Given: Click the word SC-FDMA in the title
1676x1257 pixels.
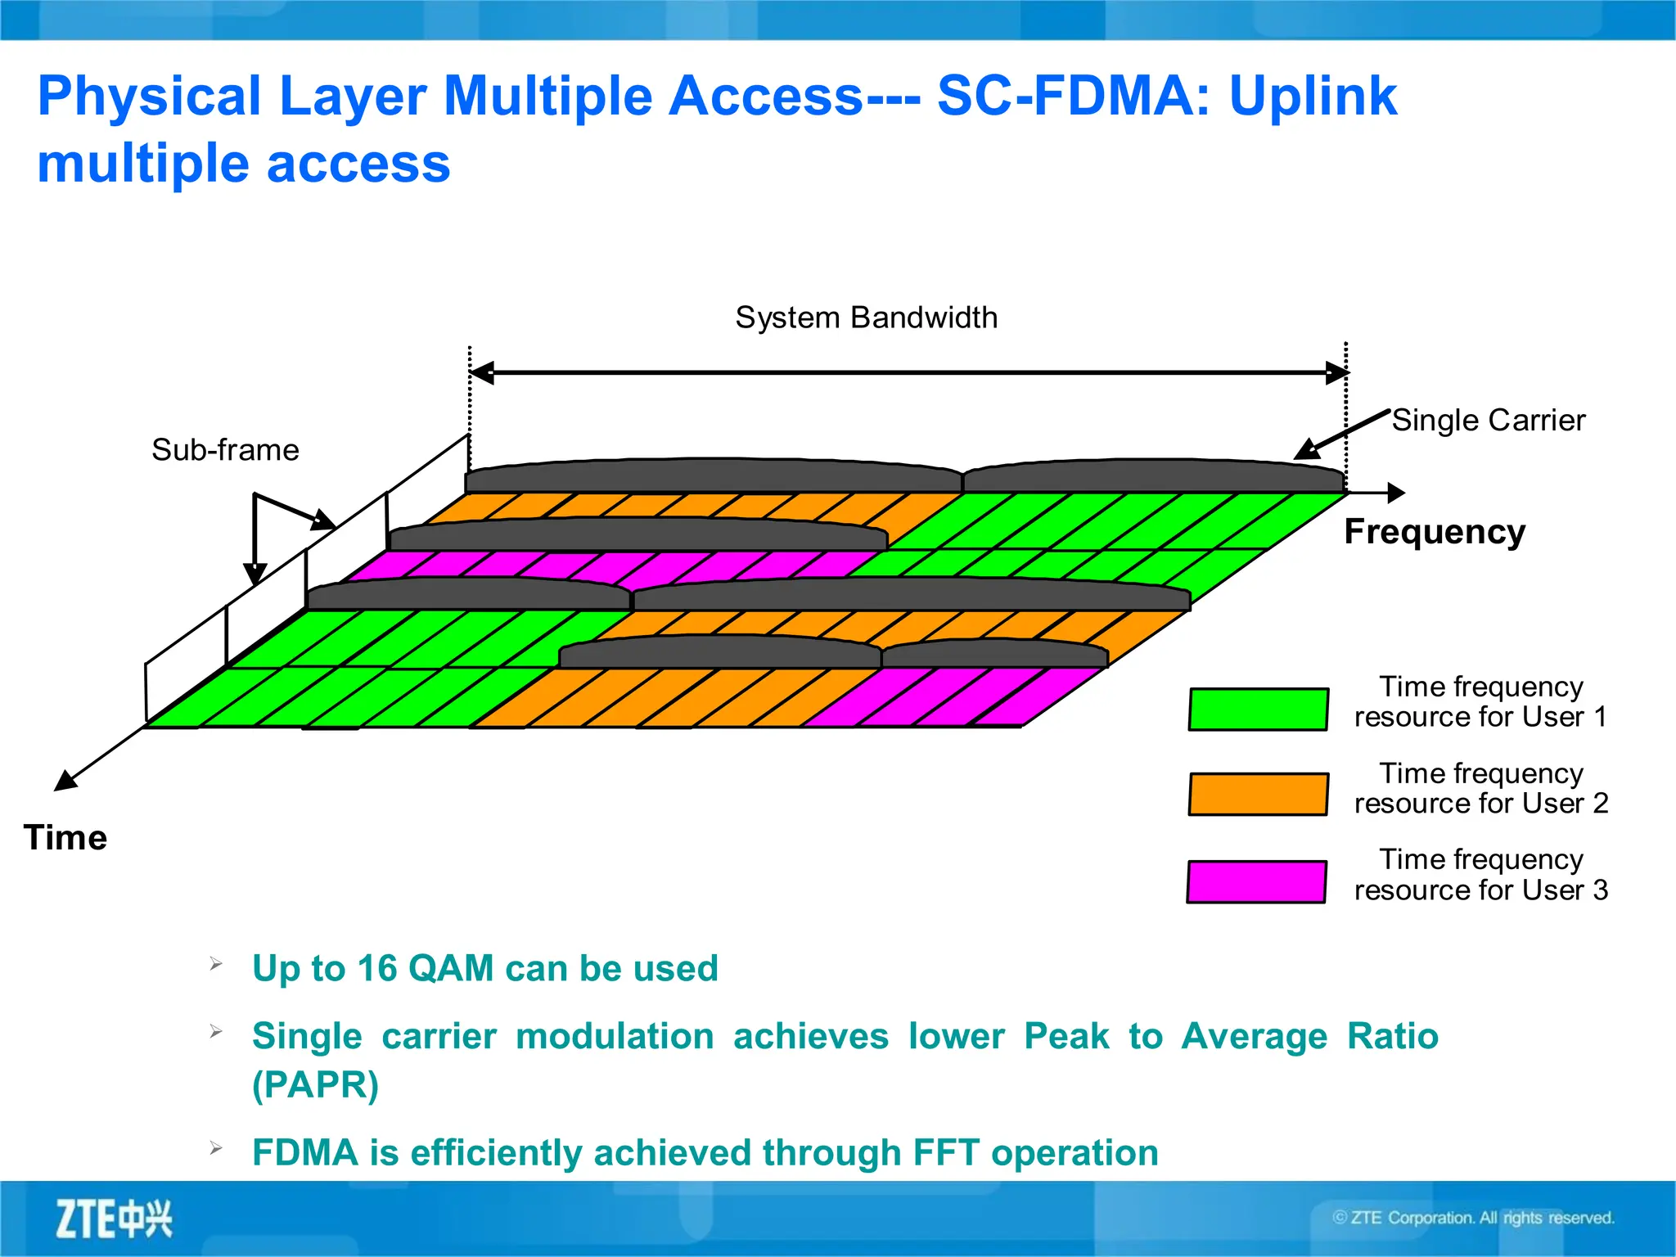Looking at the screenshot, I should tap(1072, 97).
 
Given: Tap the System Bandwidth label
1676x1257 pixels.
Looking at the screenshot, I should tap(866, 318).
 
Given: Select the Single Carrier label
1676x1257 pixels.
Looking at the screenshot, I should tap(1488, 421).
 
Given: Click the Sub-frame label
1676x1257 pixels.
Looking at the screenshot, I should tap(225, 450).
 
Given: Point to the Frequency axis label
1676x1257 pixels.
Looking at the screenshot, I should tap(1435, 532).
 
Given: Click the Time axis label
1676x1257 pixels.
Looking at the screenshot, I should tap(65, 838).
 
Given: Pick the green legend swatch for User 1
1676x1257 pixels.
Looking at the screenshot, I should tap(1258, 709).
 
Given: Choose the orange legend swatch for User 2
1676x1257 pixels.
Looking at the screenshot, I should tap(1258, 794).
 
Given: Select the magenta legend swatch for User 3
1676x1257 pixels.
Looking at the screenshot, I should tap(1256, 881).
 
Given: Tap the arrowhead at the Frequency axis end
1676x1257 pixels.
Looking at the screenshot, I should tap(1396, 493).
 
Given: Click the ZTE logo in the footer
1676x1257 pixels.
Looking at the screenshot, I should tap(114, 1219).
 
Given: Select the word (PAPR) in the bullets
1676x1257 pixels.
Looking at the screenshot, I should tap(315, 1085).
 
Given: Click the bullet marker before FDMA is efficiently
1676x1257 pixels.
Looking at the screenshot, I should tap(216, 1148).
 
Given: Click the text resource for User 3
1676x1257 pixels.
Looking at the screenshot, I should tap(1480, 890).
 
